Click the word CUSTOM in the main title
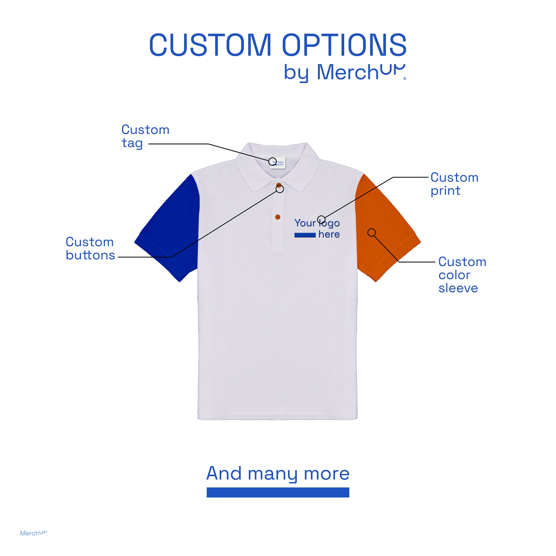click(x=210, y=45)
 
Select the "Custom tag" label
click(x=145, y=136)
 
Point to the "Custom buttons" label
click(x=90, y=248)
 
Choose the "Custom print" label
click(x=454, y=184)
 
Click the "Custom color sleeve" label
click(x=462, y=275)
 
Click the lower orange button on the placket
click(x=278, y=217)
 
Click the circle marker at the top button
click(x=280, y=189)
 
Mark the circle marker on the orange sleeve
click(x=372, y=233)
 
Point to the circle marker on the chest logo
click(x=321, y=220)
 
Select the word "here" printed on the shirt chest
click(x=329, y=235)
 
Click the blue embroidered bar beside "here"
click(x=305, y=235)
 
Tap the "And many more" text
click(x=278, y=473)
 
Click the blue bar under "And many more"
click(x=278, y=492)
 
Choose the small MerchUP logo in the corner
click(x=33, y=533)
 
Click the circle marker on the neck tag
click(x=273, y=162)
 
